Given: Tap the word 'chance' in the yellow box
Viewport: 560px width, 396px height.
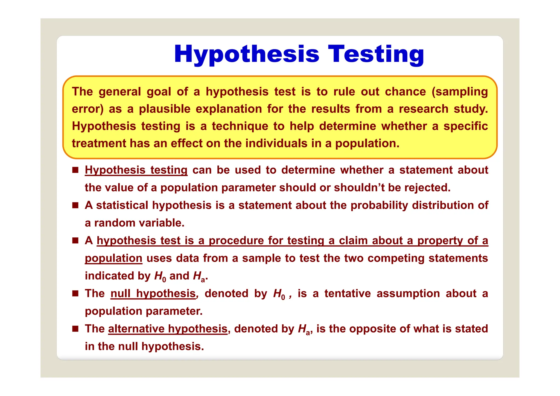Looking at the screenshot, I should pyautogui.click(x=405, y=92).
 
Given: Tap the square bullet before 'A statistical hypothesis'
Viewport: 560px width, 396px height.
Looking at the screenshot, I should pyautogui.click(x=75, y=205).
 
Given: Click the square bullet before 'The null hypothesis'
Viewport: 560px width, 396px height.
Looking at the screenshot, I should pyautogui.click(x=75, y=294).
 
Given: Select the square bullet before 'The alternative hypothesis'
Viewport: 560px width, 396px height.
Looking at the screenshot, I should pyautogui.click(x=75, y=329).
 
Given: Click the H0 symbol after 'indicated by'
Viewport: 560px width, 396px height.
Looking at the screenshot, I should pyautogui.click(x=160, y=276).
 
